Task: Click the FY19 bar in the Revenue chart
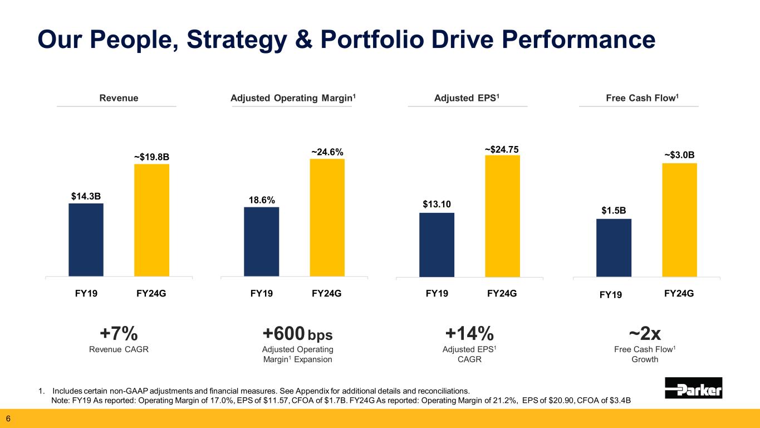pos(86,240)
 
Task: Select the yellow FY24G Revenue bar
pos(151,220)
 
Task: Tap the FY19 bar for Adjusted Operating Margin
pos(261,242)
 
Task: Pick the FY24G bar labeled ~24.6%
pos(327,217)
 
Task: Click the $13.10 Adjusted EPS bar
pos(437,245)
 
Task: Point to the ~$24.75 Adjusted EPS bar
pos(502,216)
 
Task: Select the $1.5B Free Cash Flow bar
pos(614,247)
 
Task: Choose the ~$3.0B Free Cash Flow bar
pos(679,220)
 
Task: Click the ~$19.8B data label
pos(151,157)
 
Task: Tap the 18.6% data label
pos(262,200)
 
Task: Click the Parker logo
pos(693,388)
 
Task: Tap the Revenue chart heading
pos(119,99)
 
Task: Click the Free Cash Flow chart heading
pos(639,99)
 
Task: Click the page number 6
pos(8,419)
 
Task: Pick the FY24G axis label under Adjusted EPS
pos(502,293)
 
